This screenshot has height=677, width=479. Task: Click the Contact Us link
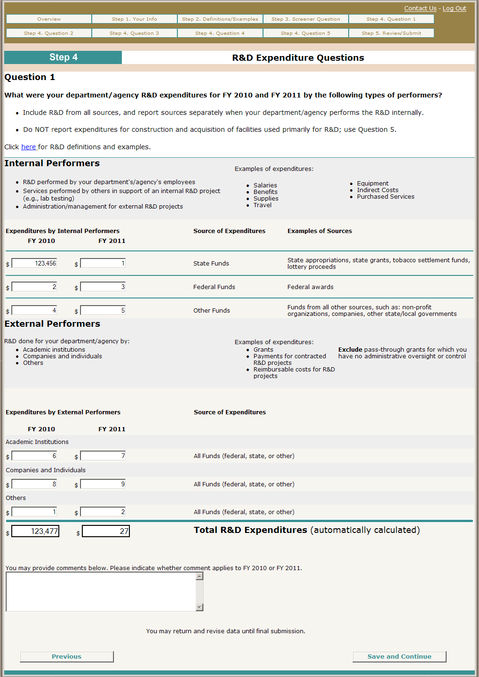[x=420, y=8]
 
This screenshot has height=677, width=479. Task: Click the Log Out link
[x=454, y=8]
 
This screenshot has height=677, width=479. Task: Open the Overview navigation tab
[x=49, y=19]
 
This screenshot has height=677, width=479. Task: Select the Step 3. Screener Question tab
[x=306, y=19]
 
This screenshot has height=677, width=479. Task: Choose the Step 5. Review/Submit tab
[x=391, y=33]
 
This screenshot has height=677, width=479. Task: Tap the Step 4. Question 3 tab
[x=135, y=33]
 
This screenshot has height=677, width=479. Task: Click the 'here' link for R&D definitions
[x=28, y=147]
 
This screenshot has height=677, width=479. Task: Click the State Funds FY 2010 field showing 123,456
[x=34, y=264]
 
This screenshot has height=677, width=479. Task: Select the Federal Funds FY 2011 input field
[x=103, y=287]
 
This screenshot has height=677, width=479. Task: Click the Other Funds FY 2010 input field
[x=34, y=310]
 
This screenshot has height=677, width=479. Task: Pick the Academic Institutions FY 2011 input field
[x=103, y=456]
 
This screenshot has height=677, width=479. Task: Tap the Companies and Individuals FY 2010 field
[x=34, y=484]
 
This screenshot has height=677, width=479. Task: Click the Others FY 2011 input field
[x=103, y=512]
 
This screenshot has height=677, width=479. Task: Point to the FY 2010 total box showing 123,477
[x=35, y=531]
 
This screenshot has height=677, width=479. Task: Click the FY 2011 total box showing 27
[x=106, y=531]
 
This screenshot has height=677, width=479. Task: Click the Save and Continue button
[x=399, y=657]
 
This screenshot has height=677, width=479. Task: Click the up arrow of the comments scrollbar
[x=200, y=576]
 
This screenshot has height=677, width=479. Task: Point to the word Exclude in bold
[x=350, y=350]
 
